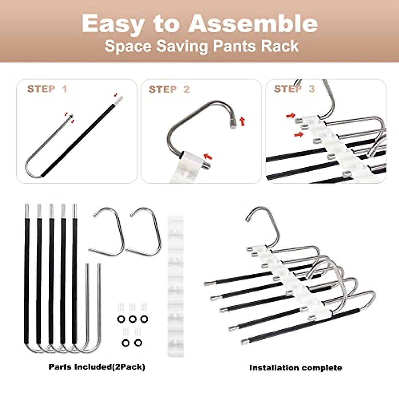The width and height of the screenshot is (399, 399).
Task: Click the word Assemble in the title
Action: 253,24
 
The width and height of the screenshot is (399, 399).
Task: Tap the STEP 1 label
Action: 47,89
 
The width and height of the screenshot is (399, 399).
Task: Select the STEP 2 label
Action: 169,89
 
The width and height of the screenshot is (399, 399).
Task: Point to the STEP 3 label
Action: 294,89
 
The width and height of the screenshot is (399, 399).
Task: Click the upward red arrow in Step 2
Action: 242,121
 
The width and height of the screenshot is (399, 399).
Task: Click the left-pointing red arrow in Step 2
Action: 208,156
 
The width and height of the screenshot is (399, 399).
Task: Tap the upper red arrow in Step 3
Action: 290,116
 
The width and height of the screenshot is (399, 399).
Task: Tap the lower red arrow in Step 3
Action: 299,135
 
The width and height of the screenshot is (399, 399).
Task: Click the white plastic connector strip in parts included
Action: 175,286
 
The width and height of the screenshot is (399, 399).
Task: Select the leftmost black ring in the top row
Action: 121,319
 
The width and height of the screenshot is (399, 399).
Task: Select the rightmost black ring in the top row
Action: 144,319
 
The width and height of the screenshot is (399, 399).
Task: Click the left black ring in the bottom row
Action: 125,343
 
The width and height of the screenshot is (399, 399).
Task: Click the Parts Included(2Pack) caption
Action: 97,367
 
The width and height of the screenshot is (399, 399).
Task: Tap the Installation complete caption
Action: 296,368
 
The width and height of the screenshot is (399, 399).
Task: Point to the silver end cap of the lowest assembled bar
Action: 244,341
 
